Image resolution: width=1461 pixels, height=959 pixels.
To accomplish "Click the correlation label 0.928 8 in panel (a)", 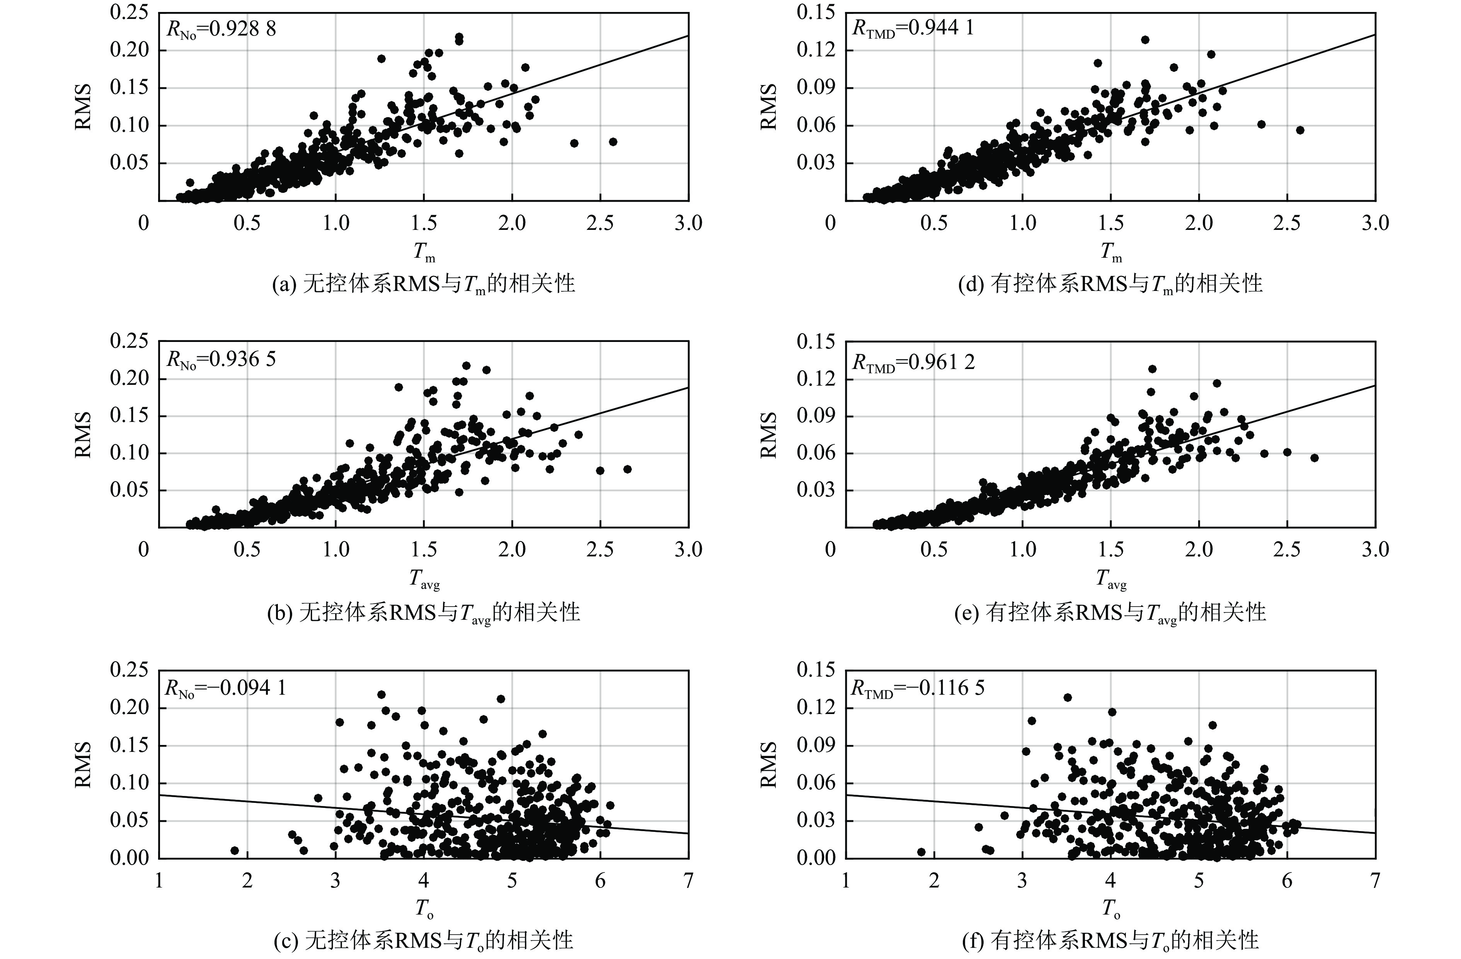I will pyautogui.click(x=221, y=29).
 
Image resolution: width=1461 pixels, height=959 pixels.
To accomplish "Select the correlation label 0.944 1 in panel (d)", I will pyautogui.click(x=913, y=29).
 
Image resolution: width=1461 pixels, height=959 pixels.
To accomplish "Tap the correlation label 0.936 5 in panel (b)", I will pyautogui.click(x=221, y=359).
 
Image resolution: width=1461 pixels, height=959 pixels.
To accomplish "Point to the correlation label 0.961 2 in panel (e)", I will pyautogui.click(x=913, y=362).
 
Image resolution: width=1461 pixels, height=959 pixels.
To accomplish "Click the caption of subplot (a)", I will pyautogui.click(x=424, y=284).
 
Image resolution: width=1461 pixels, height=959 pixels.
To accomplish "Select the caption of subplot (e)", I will pyautogui.click(x=1110, y=612).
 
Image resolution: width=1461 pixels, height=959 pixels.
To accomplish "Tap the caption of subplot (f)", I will pyautogui.click(x=1110, y=940).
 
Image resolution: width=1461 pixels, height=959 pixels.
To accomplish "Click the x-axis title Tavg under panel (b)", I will pyautogui.click(x=424, y=578).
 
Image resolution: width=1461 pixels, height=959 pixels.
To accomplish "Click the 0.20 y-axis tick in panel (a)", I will pyautogui.click(x=129, y=50).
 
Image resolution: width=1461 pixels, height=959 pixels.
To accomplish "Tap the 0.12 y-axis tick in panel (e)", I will pyautogui.click(x=816, y=379).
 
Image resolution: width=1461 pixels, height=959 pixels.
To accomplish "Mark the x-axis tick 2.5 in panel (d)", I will pyautogui.click(x=1287, y=223).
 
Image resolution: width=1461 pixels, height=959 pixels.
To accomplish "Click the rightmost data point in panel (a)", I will pyautogui.click(x=613, y=142).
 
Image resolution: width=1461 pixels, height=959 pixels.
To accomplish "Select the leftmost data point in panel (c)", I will pyautogui.click(x=235, y=850).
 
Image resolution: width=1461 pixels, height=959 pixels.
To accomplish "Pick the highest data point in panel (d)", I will pyautogui.click(x=1145, y=40).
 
